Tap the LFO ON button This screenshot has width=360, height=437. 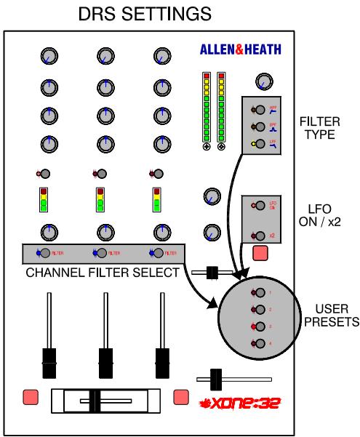click(x=257, y=206)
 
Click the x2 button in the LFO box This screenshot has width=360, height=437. click(x=257, y=235)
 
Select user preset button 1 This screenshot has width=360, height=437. click(x=258, y=293)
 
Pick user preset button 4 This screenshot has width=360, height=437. click(x=258, y=342)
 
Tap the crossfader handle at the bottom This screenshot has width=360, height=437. click(x=101, y=400)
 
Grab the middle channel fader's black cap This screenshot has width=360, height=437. click(x=105, y=358)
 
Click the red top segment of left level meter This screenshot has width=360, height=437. click(x=207, y=75)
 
